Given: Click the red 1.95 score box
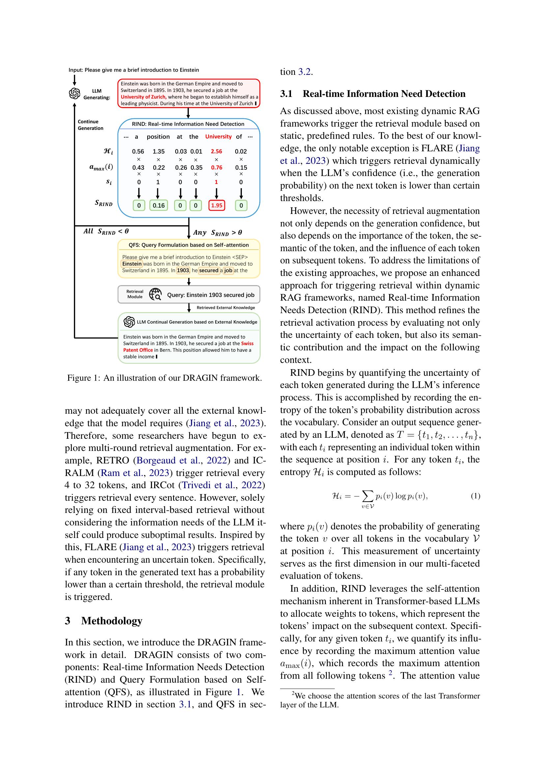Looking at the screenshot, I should coord(216,205).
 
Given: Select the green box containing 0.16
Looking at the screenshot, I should coord(158,205).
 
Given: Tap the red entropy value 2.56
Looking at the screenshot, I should coord(216,151).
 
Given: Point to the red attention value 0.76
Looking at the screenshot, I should coord(216,167).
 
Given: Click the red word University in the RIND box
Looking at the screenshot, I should coord(218,137).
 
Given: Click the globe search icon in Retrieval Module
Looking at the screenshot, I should coord(156,294).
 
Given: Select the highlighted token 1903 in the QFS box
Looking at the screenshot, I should coord(183,271).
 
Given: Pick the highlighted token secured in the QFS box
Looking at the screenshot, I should coord(209,271).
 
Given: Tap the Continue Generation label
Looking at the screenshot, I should coord(90,125).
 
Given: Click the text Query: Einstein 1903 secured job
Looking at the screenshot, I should coord(211,295).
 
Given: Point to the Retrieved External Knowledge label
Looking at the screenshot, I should coord(225,308).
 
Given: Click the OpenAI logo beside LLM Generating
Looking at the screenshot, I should coord(74,93).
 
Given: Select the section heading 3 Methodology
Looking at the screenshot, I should coord(104,621).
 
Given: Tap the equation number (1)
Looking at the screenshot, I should coord(475,496).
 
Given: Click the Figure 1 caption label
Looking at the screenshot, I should coord(84,378).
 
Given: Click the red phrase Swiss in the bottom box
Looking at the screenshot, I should coord(247,343).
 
